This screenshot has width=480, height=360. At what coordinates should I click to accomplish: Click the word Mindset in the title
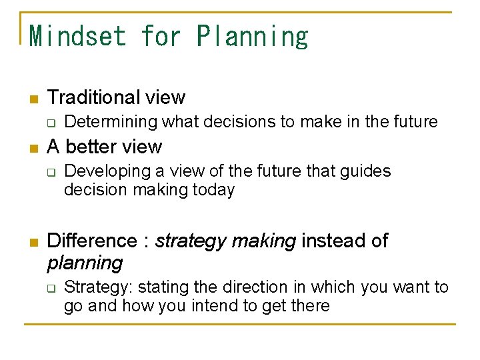coord(78,35)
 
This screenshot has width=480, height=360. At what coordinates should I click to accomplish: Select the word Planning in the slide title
coord(253,35)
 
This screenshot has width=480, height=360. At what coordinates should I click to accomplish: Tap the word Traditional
coord(94,97)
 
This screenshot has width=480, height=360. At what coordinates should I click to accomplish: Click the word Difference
coord(92,241)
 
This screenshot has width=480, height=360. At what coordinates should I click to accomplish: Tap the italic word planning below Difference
coord(85,263)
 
